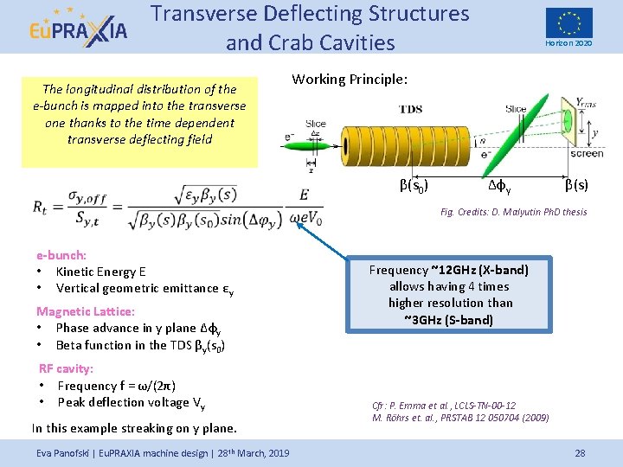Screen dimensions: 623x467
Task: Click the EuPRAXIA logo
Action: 77,28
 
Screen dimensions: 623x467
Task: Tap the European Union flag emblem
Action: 568,22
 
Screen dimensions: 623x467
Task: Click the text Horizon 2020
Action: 568,43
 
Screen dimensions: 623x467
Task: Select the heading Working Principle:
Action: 350,80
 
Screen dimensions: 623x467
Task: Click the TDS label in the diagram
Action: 411,109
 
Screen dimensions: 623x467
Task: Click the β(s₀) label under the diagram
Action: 414,183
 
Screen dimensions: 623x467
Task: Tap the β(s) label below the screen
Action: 577,183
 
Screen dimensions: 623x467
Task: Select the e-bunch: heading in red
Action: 61,255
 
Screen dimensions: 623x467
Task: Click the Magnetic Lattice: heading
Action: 85,310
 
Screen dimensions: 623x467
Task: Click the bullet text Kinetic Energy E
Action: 101,272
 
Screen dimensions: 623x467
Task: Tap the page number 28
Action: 580,452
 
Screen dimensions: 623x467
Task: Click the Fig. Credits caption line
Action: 513,212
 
